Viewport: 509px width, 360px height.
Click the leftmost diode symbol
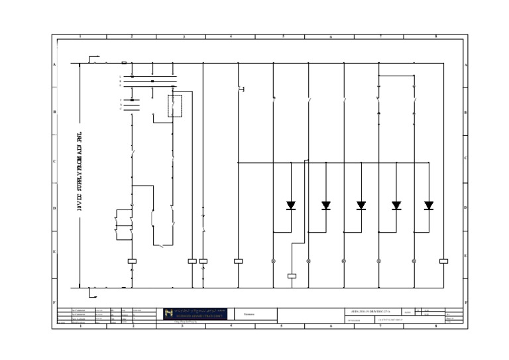point(291,206)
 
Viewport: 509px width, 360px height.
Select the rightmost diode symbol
point(429,206)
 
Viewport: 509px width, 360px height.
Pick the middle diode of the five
point(361,206)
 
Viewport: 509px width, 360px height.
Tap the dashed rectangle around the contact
point(175,106)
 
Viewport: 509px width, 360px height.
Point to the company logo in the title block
point(196,314)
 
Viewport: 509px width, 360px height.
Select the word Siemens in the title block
point(249,314)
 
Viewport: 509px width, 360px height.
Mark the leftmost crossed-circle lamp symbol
point(273,261)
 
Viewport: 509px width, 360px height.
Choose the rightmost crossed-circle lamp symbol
point(414,261)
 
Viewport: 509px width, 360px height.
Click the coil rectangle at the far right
point(443,261)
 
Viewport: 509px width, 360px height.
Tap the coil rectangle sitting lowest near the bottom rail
point(292,276)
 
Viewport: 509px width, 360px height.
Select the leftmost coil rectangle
point(132,261)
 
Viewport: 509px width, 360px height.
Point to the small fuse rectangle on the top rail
point(124,63)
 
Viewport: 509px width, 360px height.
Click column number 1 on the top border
point(80,36)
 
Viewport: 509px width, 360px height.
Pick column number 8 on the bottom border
point(435,326)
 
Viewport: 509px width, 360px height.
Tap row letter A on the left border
point(54,64)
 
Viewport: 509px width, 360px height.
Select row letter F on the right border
point(466,302)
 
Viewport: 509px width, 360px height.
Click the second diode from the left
point(326,206)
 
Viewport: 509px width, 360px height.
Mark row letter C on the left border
point(54,161)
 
